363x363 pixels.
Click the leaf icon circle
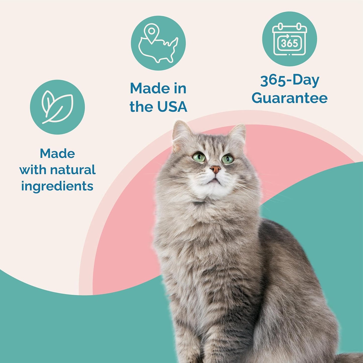57,107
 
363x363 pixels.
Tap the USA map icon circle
158,43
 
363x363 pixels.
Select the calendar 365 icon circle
289,39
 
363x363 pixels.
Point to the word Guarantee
289,98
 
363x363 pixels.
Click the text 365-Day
289,80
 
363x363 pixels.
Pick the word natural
73,170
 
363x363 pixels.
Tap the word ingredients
57,186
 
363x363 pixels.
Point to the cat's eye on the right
227,159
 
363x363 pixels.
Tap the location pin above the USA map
151,32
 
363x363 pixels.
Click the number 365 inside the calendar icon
289,43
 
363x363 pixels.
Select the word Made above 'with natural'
57,153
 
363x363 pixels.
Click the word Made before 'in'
147,89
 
